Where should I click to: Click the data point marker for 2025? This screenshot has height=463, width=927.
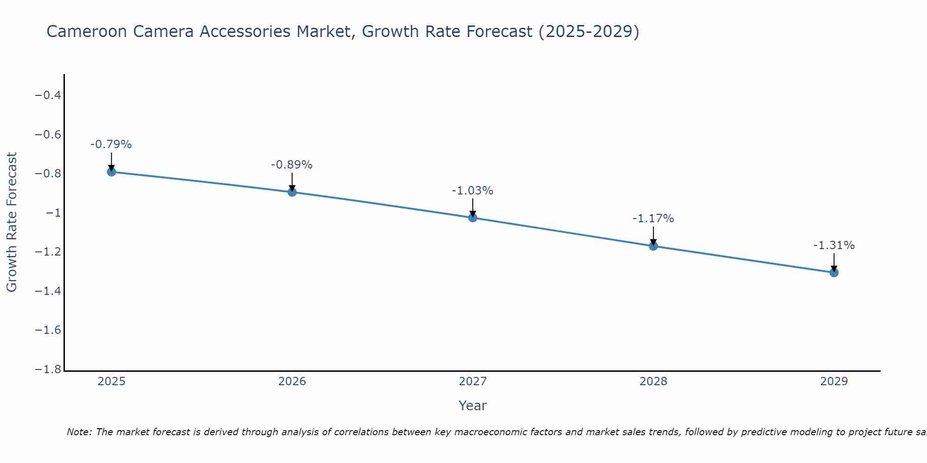click(x=111, y=172)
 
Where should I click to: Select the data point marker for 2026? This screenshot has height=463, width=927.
click(x=292, y=192)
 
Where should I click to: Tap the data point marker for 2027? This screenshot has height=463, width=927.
click(x=473, y=218)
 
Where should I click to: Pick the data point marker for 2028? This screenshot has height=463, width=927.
click(x=653, y=246)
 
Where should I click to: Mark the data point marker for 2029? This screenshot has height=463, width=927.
click(x=834, y=273)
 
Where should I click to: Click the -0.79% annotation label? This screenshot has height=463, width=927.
click(x=111, y=144)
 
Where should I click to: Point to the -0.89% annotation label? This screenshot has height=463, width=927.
click(x=292, y=165)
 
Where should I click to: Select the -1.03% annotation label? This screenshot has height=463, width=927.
click(x=473, y=191)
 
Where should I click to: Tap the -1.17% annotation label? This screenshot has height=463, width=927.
click(x=653, y=219)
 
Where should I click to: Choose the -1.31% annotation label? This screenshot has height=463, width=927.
click(x=834, y=245)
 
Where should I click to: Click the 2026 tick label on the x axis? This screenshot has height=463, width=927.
click(x=292, y=382)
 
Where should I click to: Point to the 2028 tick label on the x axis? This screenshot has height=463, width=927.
click(x=653, y=382)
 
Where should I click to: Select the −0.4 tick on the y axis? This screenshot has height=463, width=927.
click(x=48, y=95)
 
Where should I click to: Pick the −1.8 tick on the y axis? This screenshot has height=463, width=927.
click(x=48, y=369)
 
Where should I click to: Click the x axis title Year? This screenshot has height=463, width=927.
click(x=472, y=406)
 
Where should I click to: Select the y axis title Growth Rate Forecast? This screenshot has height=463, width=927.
click(x=12, y=222)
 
